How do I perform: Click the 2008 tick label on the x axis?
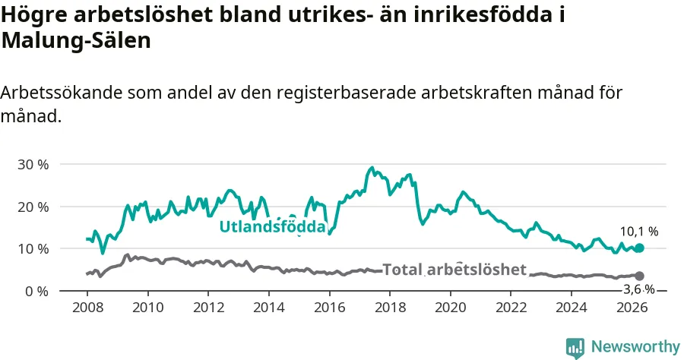(87, 308)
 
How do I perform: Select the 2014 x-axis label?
(269, 308)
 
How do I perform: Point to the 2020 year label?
(450, 308)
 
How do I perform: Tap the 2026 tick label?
(632, 308)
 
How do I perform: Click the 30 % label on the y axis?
(33, 165)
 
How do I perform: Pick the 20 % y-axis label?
(33, 207)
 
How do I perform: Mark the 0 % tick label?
(36, 291)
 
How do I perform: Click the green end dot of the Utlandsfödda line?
(639, 248)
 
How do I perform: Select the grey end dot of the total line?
(639, 276)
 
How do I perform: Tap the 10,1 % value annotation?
(639, 232)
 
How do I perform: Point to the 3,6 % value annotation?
(639, 289)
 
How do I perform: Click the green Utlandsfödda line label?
(273, 226)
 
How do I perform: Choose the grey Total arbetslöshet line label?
(454, 270)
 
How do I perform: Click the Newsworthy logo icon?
(575, 348)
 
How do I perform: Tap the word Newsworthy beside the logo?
(635, 347)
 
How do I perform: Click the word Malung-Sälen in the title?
(76, 40)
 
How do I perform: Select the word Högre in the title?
(34, 15)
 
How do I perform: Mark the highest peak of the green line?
(372, 167)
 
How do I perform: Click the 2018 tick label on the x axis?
(390, 308)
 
